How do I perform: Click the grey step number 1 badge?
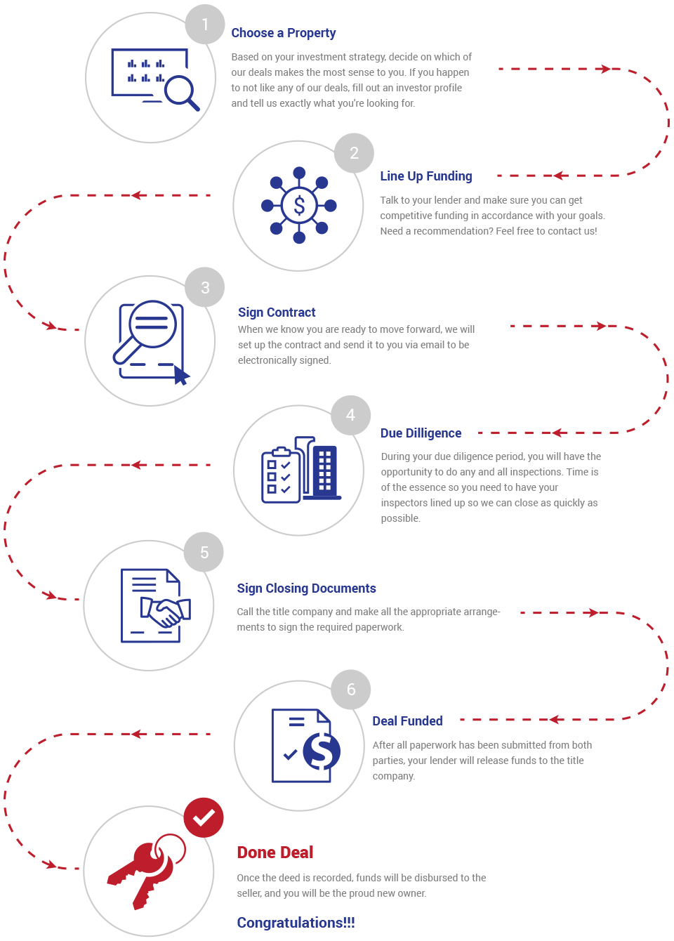click(x=205, y=24)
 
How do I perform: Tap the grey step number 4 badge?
click(x=350, y=415)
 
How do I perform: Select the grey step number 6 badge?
click(x=350, y=690)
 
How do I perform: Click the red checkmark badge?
click(x=204, y=817)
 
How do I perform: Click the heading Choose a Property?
click(x=284, y=33)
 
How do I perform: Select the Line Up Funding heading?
click(x=426, y=176)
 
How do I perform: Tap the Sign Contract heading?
click(x=277, y=312)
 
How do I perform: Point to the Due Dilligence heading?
click(x=421, y=433)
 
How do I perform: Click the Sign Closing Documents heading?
click(x=307, y=588)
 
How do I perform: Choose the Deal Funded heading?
click(x=407, y=721)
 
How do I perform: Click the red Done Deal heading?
click(x=275, y=853)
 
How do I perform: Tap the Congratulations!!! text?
click(x=296, y=923)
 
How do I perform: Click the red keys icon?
click(x=145, y=869)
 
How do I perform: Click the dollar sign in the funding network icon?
click(x=299, y=206)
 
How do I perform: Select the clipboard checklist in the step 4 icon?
click(x=281, y=475)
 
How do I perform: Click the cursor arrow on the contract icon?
click(x=182, y=375)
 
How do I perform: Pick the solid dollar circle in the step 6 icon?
click(x=322, y=751)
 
